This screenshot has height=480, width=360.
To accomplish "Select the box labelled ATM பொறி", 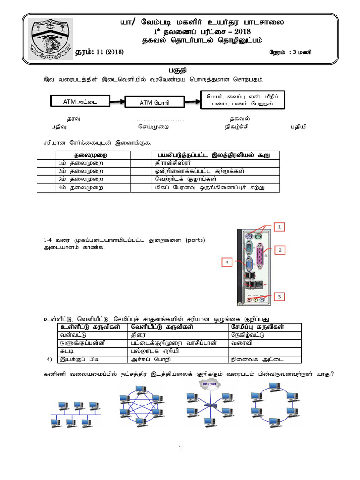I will (154, 102).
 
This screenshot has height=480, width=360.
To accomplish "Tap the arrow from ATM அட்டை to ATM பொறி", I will (117, 100).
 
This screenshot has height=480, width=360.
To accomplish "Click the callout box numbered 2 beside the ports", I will (281, 250).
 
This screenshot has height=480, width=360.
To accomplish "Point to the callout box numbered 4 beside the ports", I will (227, 263).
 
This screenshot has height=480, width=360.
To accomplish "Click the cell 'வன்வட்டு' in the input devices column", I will (71, 335).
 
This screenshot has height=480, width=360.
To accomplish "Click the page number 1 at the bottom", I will (180, 448).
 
